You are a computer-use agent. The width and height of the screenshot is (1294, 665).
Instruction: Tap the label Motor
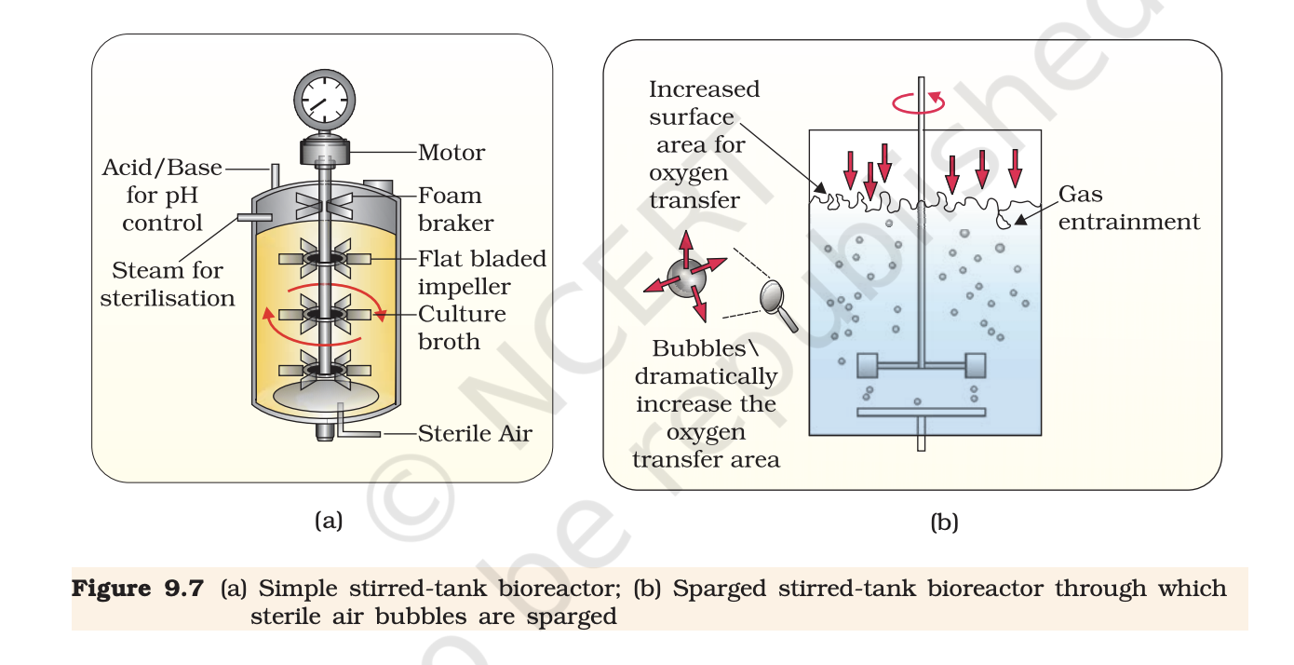[x=452, y=152]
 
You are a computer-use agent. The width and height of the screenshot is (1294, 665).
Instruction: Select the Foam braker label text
[x=451, y=209]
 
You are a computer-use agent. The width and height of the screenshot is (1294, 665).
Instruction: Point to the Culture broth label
[x=462, y=327]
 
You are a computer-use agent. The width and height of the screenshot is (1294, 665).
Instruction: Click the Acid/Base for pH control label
[x=163, y=195]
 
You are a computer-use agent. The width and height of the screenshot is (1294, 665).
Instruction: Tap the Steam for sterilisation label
[x=168, y=284]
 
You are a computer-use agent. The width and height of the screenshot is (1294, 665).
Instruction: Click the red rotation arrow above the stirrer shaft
[x=919, y=103]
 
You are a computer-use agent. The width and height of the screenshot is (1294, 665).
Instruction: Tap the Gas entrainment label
[x=1127, y=209]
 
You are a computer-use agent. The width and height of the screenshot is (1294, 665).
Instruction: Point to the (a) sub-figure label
[x=329, y=520]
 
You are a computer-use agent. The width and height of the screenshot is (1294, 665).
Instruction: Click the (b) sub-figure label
[x=944, y=522]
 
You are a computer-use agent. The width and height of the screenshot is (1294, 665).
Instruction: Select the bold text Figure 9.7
[x=138, y=589]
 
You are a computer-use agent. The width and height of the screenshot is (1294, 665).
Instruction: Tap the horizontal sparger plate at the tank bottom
[x=920, y=412]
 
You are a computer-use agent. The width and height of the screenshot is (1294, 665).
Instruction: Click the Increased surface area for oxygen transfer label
[x=703, y=144]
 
